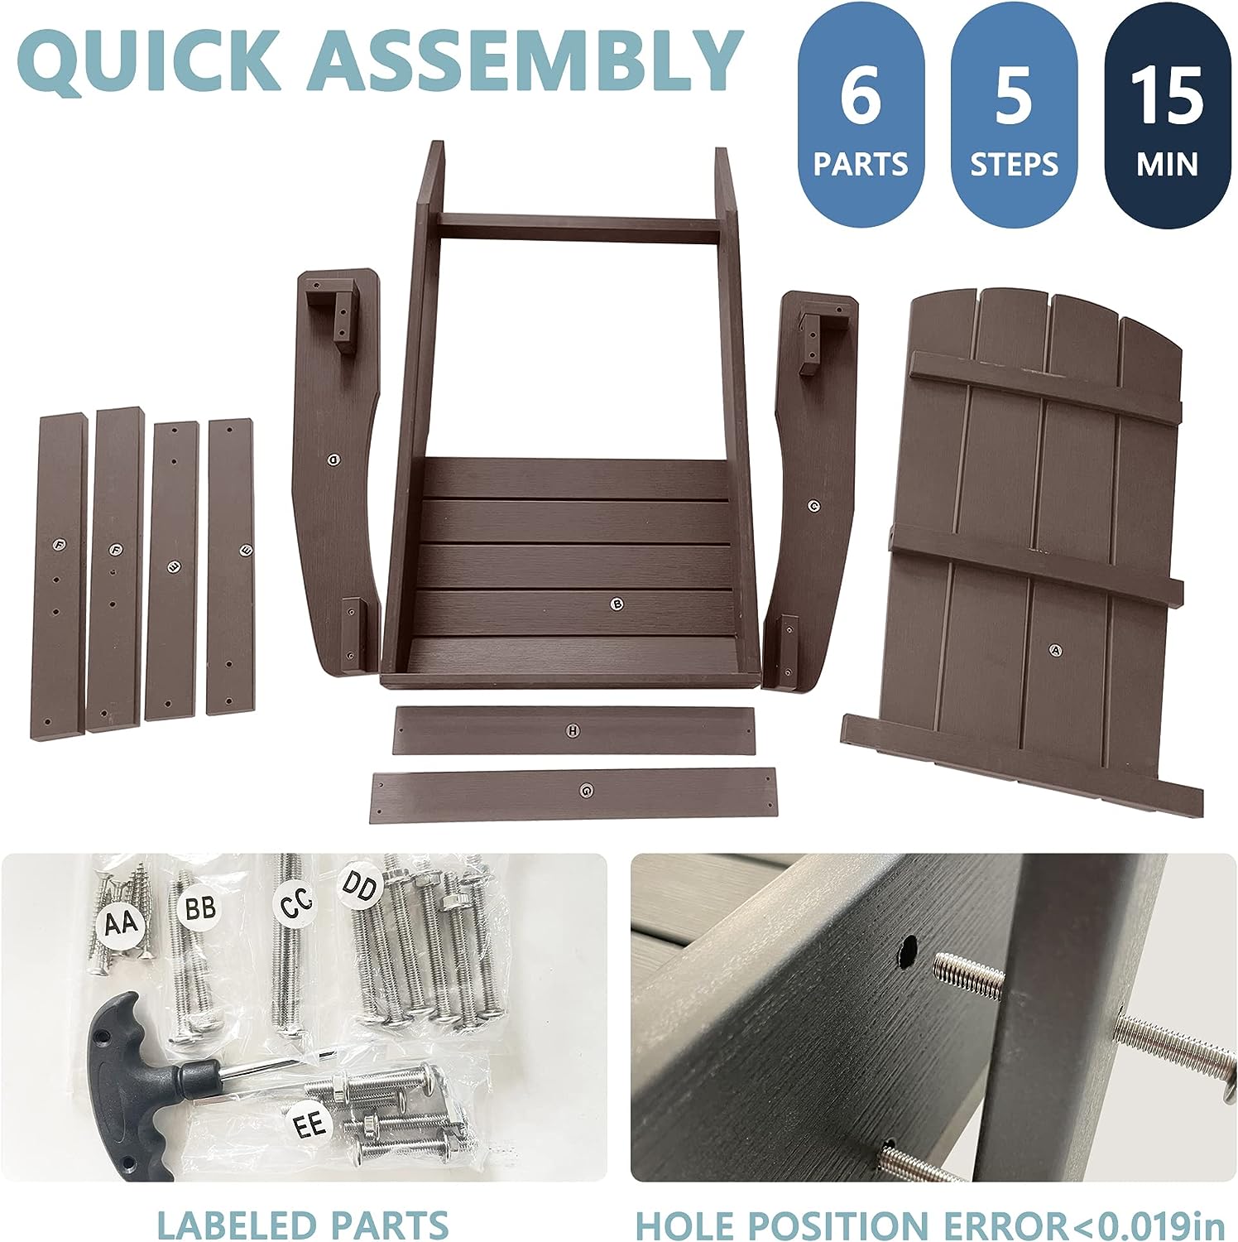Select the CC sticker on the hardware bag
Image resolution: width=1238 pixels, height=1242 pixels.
[x=295, y=904]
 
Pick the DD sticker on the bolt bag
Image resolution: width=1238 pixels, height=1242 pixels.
[x=361, y=888]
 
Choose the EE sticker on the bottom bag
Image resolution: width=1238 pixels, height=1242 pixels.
[x=310, y=1124]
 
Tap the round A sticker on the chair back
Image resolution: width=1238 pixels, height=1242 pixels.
[x=1054, y=650]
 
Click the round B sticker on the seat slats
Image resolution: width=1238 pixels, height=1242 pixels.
[x=616, y=604]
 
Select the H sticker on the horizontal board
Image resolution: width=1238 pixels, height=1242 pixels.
[x=573, y=729]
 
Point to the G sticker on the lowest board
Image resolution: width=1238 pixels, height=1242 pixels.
[x=587, y=791]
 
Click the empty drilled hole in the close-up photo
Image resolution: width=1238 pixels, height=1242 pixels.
[x=908, y=953]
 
